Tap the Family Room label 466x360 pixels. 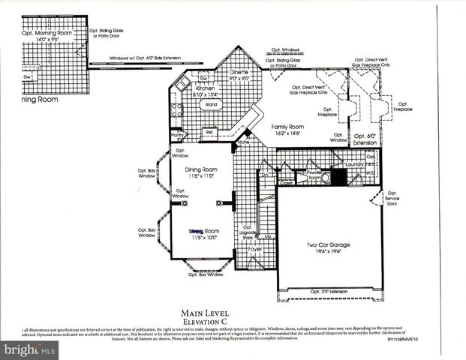pos(287,127)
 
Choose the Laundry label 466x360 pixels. pos(355,163)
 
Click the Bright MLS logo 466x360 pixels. pos(30,349)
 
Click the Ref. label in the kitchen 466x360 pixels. pos(210,132)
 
